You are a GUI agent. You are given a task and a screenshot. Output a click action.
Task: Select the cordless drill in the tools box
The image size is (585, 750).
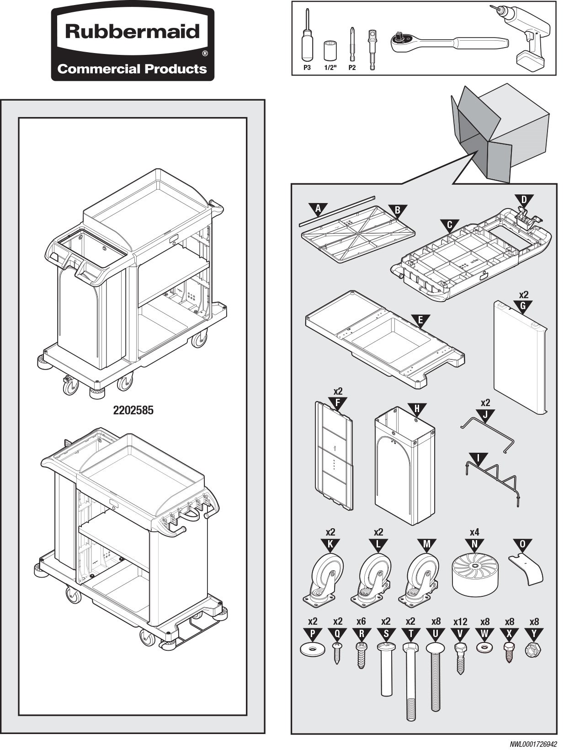(x=524, y=37)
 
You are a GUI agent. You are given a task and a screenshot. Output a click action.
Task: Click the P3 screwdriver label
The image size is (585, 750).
(x=307, y=68)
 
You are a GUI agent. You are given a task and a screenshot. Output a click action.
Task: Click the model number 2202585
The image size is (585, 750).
(x=133, y=410)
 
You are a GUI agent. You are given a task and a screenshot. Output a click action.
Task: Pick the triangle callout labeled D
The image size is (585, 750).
(x=524, y=200)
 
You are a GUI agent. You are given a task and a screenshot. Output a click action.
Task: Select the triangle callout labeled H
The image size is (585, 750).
(x=416, y=409)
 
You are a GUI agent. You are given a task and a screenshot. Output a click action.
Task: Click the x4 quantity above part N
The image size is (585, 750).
(x=474, y=532)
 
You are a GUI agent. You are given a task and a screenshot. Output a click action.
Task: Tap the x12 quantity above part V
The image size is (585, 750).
(x=460, y=622)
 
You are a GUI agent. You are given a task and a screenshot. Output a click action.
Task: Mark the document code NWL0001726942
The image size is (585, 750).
(x=533, y=744)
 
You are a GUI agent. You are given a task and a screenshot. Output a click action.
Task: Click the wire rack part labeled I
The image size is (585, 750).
(x=493, y=479)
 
